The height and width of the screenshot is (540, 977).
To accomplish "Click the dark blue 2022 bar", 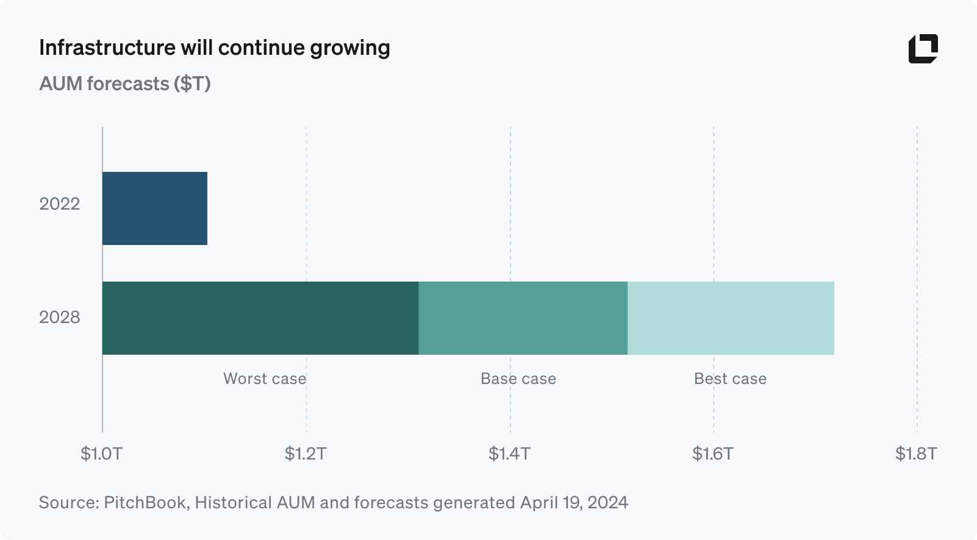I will (x=155, y=208).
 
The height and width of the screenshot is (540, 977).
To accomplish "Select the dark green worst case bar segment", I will (x=260, y=318).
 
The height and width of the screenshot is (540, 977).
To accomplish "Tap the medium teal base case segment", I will (x=523, y=318).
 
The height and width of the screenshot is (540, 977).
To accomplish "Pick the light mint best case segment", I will (x=731, y=318).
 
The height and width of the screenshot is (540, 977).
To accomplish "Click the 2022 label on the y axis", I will (x=60, y=204).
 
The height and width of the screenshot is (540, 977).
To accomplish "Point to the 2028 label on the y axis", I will (x=60, y=318).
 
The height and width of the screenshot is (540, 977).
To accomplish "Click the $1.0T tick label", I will (x=102, y=453).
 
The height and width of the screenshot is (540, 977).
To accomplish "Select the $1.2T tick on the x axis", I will (x=306, y=453).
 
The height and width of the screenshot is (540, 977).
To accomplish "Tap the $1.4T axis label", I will (x=509, y=453).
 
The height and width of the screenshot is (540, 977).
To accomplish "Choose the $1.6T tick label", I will (x=713, y=453).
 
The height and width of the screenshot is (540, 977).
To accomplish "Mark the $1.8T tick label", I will (x=916, y=453).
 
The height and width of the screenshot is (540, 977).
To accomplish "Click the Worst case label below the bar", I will (x=265, y=378).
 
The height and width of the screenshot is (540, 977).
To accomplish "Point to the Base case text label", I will (x=518, y=378).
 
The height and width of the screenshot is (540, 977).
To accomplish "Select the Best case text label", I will (x=730, y=378).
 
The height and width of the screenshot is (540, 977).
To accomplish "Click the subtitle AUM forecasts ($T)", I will (x=125, y=83).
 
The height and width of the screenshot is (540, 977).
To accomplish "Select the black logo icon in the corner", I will (x=923, y=49).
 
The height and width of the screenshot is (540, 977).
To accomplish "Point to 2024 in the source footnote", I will (x=607, y=503).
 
